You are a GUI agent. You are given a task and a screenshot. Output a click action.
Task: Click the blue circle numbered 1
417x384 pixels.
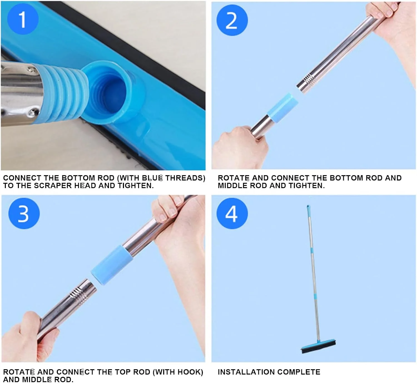coord(23,19)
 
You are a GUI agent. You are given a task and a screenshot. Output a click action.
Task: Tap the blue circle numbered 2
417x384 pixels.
coord(232,20)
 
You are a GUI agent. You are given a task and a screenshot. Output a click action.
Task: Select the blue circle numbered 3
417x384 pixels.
coord(24,213)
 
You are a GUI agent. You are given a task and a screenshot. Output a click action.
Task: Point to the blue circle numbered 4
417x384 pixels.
coord(232,213)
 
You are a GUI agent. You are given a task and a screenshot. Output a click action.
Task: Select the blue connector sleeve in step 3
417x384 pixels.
coord(111,265)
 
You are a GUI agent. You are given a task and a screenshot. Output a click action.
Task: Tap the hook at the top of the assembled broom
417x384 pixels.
coord(308,207)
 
